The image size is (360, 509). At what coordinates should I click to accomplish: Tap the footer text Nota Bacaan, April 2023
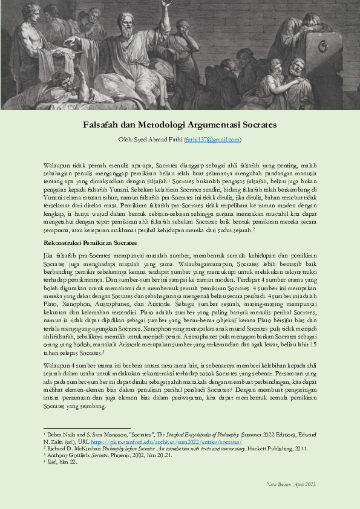(292, 485)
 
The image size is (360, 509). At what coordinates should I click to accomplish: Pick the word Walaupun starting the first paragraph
(57, 164)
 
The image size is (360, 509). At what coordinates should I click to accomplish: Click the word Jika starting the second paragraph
(49, 258)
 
